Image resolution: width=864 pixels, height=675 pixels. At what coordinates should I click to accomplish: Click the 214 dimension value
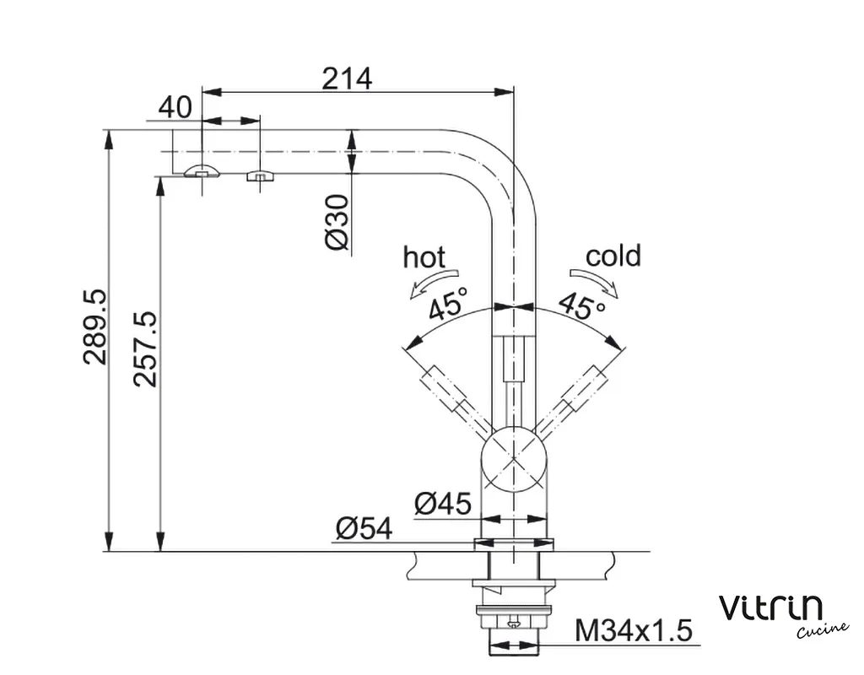click(x=346, y=78)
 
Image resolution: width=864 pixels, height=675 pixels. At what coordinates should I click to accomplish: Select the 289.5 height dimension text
click(x=94, y=327)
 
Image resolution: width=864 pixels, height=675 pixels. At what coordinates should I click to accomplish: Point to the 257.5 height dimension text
click(x=145, y=348)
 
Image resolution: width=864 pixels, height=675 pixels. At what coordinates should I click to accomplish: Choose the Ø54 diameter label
click(x=364, y=528)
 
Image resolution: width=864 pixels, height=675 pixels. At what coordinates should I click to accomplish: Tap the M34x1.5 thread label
click(x=633, y=629)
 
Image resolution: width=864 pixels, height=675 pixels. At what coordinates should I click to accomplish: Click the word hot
click(x=424, y=256)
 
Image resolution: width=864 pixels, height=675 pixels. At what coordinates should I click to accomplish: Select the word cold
click(x=613, y=256)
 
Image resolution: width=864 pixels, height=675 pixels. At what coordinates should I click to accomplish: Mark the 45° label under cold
click(x=582, y=305)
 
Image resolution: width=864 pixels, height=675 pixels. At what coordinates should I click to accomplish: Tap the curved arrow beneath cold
click(x=595, y=282)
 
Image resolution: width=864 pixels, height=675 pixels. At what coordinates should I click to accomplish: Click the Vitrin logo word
click(x=769, y=607)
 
